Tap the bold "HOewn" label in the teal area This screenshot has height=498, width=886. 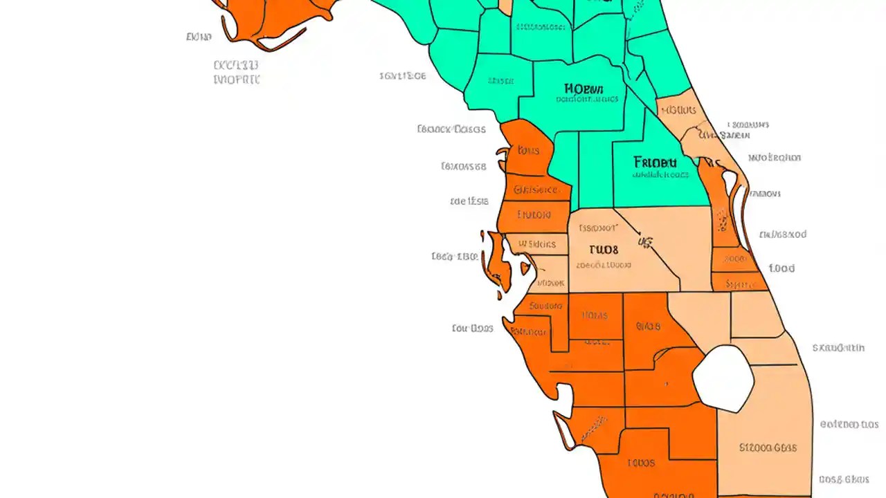(x=584, y=89)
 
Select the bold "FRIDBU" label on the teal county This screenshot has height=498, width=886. (x=654, y=163)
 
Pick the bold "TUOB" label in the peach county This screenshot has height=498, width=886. (x=603, y=250)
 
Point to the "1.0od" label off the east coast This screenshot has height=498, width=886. (x=781, y=268)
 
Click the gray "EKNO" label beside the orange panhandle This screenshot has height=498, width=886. (x=199, y=37)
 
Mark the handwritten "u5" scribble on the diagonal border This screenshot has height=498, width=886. (x=645, y=242)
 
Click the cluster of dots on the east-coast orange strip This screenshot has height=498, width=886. (x=722, y=221)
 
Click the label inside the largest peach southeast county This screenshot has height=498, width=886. (x=767, y=448)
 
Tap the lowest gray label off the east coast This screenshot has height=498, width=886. (x=843, y=479)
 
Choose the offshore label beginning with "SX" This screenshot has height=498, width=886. (x=838, y=348)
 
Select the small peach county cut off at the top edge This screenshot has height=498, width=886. (x=505, y=6)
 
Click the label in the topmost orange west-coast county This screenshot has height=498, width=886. (x=529, y=150)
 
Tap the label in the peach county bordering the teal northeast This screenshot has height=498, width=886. (x=679, y=111)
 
